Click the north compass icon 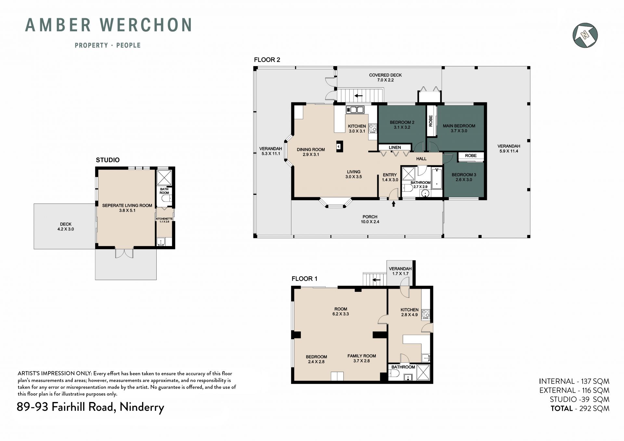(x=585, y=35)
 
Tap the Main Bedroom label (x=459, y=128)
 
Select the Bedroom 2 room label (x=402, y=125)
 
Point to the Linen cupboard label (x=395, y=148)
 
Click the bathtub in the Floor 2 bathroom (x=437, y=178)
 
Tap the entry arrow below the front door (x=394, y=204)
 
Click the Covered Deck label (x=385, y=77)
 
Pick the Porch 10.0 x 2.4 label (x=370, y=219)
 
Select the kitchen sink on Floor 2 (x=355, y=110)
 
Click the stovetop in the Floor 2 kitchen (x=372, y=128)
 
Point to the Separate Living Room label (x=127, y=208)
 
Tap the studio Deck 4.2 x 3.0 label (x=66, y=227)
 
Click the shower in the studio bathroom (x=164, y=177)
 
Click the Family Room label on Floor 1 (x=362, y=358)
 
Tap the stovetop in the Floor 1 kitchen (x=425, y=314)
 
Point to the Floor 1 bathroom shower (x=423, y=372)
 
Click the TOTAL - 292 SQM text (x=580, y=409)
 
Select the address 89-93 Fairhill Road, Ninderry (x=90, y=407)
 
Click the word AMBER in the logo (x=58, y=25)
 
